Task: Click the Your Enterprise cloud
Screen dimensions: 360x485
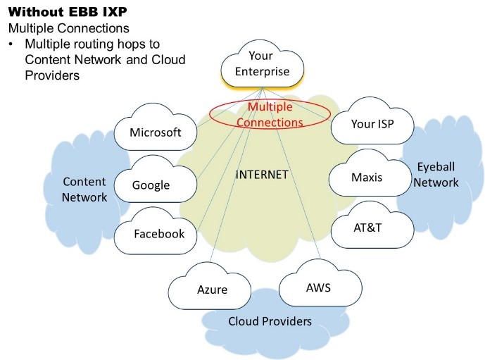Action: click(x=263, y=63)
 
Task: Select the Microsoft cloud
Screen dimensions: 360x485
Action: click(x=156, y=132)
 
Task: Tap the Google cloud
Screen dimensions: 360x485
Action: click(x=151, y=185)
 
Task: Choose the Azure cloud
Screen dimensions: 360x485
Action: click(x=212, y=290)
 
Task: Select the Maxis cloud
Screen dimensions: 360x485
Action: click(x=366, y=177)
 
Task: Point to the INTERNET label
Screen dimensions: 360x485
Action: click(x=262, y=174)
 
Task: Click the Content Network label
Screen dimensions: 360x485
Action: click(x=84, y=189)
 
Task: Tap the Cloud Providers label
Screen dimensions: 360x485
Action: click(x=270, y=321)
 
